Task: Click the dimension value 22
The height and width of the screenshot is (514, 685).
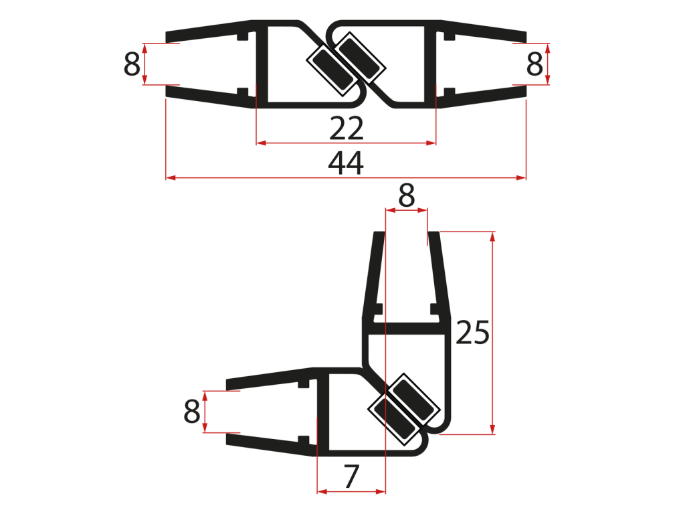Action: pos(347,128)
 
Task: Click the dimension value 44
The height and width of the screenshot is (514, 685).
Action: pos(346,163)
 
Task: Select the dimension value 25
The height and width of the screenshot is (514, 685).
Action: pos(472,333)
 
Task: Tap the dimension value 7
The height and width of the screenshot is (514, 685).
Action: pos(351,477)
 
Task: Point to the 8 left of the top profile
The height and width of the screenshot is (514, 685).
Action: pos(132,64)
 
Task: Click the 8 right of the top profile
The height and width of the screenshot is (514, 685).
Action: pos(534,64)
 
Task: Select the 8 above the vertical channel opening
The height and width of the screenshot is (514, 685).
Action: pos(406,195)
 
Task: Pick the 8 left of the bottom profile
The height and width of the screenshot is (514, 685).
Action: pos(192,412)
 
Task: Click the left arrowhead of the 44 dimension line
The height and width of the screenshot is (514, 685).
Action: pos(171,178)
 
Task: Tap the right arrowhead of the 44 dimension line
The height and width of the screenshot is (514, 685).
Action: pos(520,178)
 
